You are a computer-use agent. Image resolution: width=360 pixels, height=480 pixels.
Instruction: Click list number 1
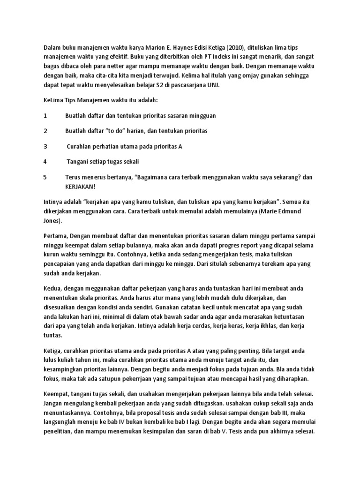pos(45,115)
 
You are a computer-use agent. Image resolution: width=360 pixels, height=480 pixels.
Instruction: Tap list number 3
pos(45,146)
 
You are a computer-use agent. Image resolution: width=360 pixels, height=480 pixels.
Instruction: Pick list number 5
pos(45,177)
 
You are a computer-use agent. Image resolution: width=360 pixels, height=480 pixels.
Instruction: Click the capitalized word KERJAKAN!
pos(80,186)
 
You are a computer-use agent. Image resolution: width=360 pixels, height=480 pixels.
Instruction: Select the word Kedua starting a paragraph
pos(52,288)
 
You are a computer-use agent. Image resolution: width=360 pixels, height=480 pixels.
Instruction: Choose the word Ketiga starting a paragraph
pos(53,350)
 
